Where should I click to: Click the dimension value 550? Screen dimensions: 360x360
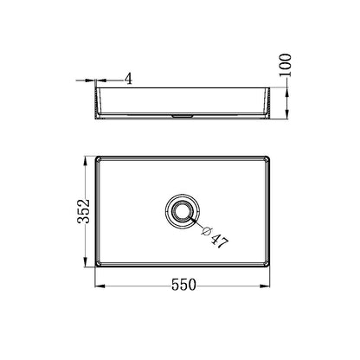click(x=181, y=283)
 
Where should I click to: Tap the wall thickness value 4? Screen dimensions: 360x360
click(x=127, y=79)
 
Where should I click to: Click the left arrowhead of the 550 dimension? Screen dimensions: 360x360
click(x=97, y=293)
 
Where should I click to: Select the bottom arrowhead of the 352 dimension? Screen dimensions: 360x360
click(x=83, y=263)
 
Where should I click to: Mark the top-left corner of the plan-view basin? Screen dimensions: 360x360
click(x=95, y=158)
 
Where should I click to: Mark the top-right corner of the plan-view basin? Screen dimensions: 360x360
click(x=267, y=158)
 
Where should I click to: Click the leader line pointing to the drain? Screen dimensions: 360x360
click(x=198, y=225)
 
